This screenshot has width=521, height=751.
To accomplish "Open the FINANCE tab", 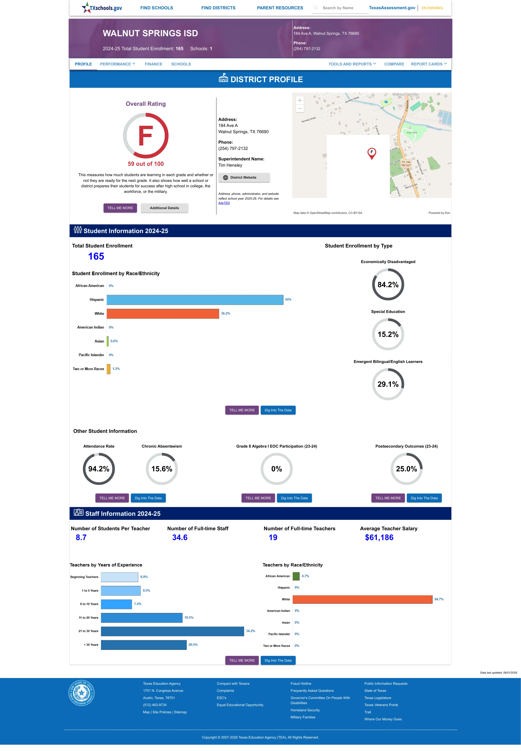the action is point(153,64).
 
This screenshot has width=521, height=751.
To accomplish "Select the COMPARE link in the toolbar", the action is point(394,64).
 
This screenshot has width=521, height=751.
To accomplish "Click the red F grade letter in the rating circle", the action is point(146,136).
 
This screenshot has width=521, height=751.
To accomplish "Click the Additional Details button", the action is point(164,208).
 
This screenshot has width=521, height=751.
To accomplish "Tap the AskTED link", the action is point(224,203).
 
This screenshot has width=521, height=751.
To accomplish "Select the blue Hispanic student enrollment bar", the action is point(195,300).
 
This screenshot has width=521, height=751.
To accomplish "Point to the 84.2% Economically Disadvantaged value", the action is point(388,285).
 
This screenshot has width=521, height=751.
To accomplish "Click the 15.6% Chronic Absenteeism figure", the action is point(162,469).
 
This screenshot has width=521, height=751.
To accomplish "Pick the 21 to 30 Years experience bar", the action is point(172,631).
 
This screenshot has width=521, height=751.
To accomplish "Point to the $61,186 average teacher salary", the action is point(379,538).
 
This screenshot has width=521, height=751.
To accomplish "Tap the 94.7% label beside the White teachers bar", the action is point(439,599).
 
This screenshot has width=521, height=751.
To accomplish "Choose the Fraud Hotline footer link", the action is point(301,683).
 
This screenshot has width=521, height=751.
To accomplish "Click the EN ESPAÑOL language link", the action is point(432,8).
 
